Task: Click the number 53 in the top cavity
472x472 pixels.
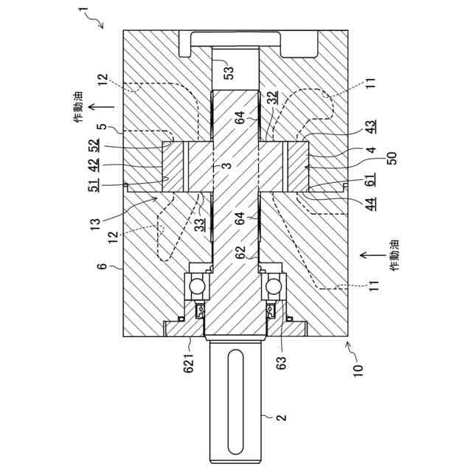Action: click(229, 72)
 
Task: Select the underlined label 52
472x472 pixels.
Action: click(94, 147)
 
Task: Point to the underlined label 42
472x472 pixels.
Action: click(94, 167)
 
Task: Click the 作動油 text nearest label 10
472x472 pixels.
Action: click(395, 254)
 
